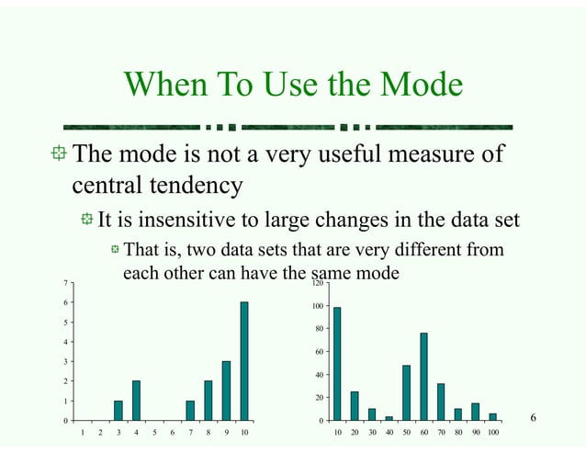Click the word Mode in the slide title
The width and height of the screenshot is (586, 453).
pos(416,86)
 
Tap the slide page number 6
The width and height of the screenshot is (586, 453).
pos(533,419)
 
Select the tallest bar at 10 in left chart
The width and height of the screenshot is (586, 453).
pos(244,361)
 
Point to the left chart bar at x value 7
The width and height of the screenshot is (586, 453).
pos(190,411)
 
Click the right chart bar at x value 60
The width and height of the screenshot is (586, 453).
pos(424,377)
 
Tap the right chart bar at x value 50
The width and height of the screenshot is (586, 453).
pos(407,392)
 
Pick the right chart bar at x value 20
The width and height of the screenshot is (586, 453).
pos(355,406)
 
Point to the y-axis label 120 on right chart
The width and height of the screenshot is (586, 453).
pos(317,284)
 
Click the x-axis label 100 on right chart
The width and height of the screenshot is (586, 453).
pos(493,431)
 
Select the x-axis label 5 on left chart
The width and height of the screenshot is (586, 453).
pos(153,431)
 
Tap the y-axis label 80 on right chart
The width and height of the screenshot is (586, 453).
pos(319,329)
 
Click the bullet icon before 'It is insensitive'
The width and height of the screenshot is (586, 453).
pos(86,221)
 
